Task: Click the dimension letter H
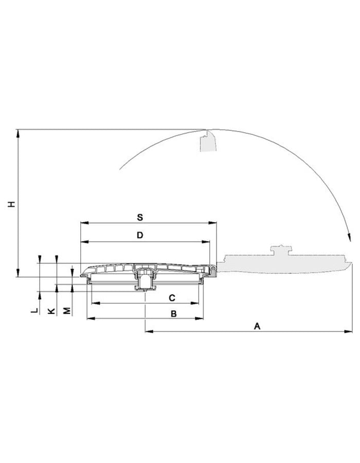click(11, 204)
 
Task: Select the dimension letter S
click(140, 218)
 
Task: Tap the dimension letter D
click(140, 235)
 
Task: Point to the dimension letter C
click(172, 298)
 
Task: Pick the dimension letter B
click(174, 314)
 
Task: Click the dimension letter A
click(257, 326)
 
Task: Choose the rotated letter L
click(35, 311)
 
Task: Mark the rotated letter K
click(51, 311)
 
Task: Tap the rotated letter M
click(67, 311)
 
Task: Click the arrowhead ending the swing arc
click(349, 238)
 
